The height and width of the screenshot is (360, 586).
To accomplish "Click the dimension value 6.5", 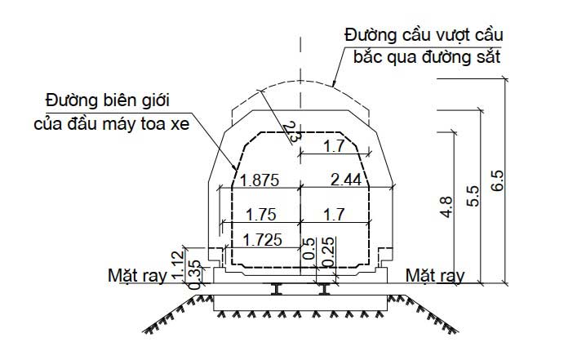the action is [497, 181].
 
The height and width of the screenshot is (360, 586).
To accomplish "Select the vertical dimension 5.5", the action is [473, 196].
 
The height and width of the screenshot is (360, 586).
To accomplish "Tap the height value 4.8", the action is [446, 207].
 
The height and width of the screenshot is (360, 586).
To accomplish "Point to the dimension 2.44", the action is [346, 180].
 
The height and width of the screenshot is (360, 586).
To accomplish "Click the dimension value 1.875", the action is [259, 180].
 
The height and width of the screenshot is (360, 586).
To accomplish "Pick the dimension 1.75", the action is [261, 215].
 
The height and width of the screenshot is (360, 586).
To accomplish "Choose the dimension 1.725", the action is [262, 240].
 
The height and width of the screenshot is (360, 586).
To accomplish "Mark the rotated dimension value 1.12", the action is [178, 265].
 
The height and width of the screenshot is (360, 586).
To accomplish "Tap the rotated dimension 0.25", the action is [329, 251].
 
